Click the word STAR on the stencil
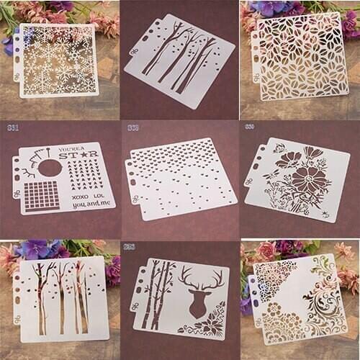tap(87, 154)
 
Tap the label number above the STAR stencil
tap(12, 128)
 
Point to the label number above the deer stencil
tap(130, 247)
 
